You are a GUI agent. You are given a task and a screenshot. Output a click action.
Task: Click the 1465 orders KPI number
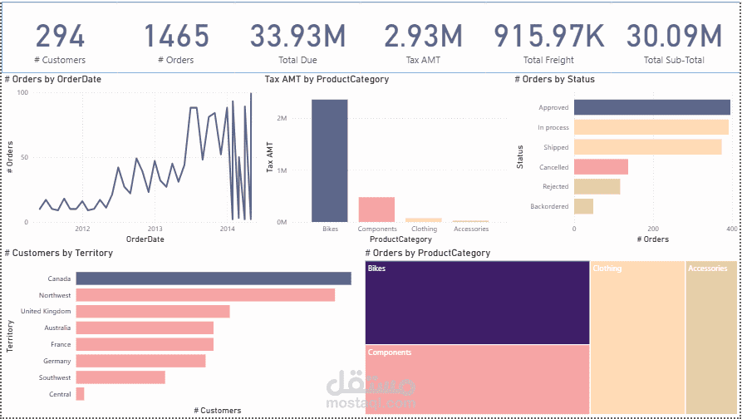176,37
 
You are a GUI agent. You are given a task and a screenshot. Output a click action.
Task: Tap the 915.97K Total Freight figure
549,37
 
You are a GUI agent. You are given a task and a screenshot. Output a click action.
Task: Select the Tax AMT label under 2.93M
422,60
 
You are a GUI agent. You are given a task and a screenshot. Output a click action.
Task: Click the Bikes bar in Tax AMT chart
330,160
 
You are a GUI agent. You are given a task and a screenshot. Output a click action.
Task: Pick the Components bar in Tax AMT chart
376,209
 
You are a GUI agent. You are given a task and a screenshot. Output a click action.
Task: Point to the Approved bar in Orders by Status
651,107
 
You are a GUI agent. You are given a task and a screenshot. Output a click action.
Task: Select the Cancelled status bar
601,167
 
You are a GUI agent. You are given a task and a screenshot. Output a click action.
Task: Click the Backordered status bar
583,206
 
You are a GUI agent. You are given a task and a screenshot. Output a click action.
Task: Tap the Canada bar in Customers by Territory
213,279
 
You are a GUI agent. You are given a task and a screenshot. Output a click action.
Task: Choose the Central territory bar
80,394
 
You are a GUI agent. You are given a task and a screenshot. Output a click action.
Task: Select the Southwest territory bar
120,377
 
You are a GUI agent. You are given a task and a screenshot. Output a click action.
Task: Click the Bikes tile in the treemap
477,302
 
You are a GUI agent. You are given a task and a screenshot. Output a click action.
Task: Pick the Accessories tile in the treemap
711,337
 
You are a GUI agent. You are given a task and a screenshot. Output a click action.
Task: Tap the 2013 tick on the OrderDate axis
155,229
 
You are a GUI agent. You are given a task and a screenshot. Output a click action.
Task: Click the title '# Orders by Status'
554,80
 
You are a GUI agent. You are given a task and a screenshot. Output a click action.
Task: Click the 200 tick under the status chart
653,229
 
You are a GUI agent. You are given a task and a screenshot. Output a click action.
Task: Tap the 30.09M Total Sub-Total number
674,37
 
